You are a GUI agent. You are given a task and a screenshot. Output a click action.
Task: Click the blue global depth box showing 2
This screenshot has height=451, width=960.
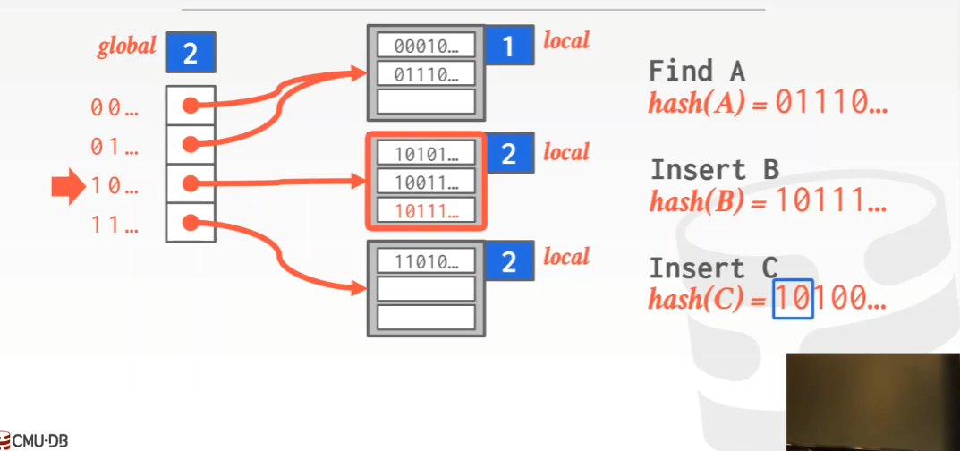coord(190,53)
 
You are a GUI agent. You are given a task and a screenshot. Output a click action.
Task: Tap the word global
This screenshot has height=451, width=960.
coord(127,47)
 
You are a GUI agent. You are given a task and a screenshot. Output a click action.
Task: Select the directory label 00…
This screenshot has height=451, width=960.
coord(115,107)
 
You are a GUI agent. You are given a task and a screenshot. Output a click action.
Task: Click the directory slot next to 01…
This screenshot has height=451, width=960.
coord(190,144)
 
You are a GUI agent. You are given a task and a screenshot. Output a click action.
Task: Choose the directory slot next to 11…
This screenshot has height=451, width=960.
coord(190,222)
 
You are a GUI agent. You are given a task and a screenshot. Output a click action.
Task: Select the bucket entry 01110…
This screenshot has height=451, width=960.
coord(425,73)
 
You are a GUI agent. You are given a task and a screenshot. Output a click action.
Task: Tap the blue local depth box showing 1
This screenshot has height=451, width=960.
coord(508,46)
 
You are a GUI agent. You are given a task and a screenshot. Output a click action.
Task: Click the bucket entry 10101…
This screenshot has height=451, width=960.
coord(425,154)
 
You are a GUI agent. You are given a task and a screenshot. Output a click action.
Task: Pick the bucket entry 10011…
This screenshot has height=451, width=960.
coord(425,183)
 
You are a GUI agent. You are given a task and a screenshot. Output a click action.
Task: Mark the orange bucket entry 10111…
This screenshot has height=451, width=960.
coord(425,211)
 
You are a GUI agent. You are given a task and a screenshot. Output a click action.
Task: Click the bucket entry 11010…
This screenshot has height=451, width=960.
coord(425,261)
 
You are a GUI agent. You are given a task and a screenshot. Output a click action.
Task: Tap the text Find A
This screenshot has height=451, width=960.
coord(696,71)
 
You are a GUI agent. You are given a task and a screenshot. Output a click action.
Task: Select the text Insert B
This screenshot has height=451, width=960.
coord(714,169)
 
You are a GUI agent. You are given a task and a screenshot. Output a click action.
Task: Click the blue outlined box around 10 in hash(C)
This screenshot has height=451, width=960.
coord(793,299)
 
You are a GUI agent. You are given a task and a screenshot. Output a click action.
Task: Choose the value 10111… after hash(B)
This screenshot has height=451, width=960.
coord(831,202)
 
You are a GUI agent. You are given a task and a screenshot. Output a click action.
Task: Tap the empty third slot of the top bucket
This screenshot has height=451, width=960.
coord(425,101)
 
